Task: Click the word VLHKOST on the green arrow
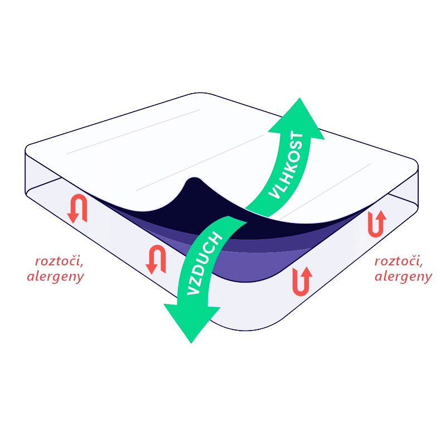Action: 286,165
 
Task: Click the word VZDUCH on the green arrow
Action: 204,263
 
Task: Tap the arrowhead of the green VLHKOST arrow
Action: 297,119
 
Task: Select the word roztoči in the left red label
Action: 59,261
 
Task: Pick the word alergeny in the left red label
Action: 56,277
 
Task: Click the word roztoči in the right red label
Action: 399,261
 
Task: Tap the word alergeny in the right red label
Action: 403,277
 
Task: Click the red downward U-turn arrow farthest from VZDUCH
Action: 77,209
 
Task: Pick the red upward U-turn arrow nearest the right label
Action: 377,224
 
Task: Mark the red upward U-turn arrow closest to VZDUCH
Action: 302,281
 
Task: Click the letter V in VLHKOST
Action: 274,193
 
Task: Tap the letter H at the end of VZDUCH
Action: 216,238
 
